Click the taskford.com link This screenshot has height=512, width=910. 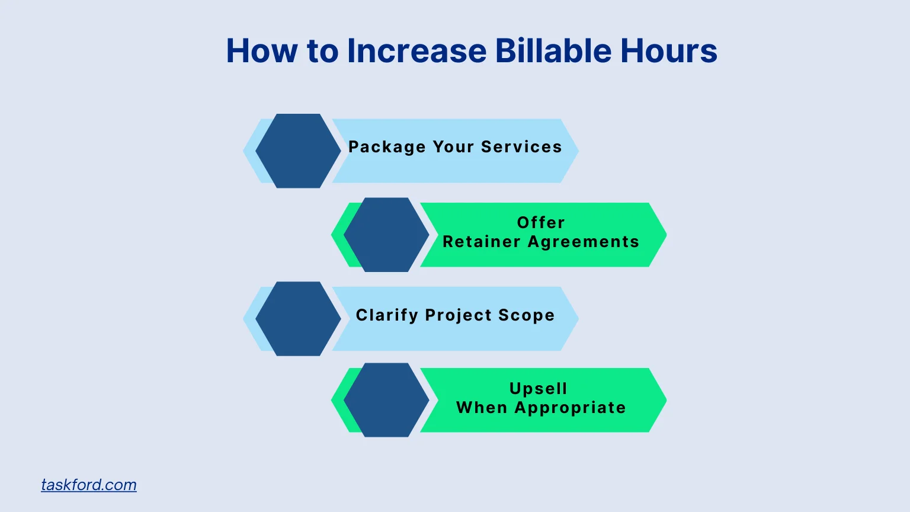click(89, 485)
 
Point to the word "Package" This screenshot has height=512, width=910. click(387, 147)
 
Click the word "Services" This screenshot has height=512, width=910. click(521, 147)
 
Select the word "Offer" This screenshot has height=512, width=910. click(541, 223)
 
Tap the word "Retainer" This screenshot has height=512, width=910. click(482, 242)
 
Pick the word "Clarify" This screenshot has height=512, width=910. click(387, 315)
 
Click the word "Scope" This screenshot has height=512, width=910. click(526, 315)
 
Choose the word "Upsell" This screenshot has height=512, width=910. click(539, 389)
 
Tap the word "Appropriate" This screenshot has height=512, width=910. click(570, 408)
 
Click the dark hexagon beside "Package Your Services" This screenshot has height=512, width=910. click(298, 151)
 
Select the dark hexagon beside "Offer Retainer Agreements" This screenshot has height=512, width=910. click(386, 235)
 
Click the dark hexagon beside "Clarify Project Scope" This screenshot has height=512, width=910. click(298, 319)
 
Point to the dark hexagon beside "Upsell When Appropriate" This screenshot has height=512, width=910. click(386, 400)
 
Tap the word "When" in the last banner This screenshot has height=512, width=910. click(482, 408)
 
